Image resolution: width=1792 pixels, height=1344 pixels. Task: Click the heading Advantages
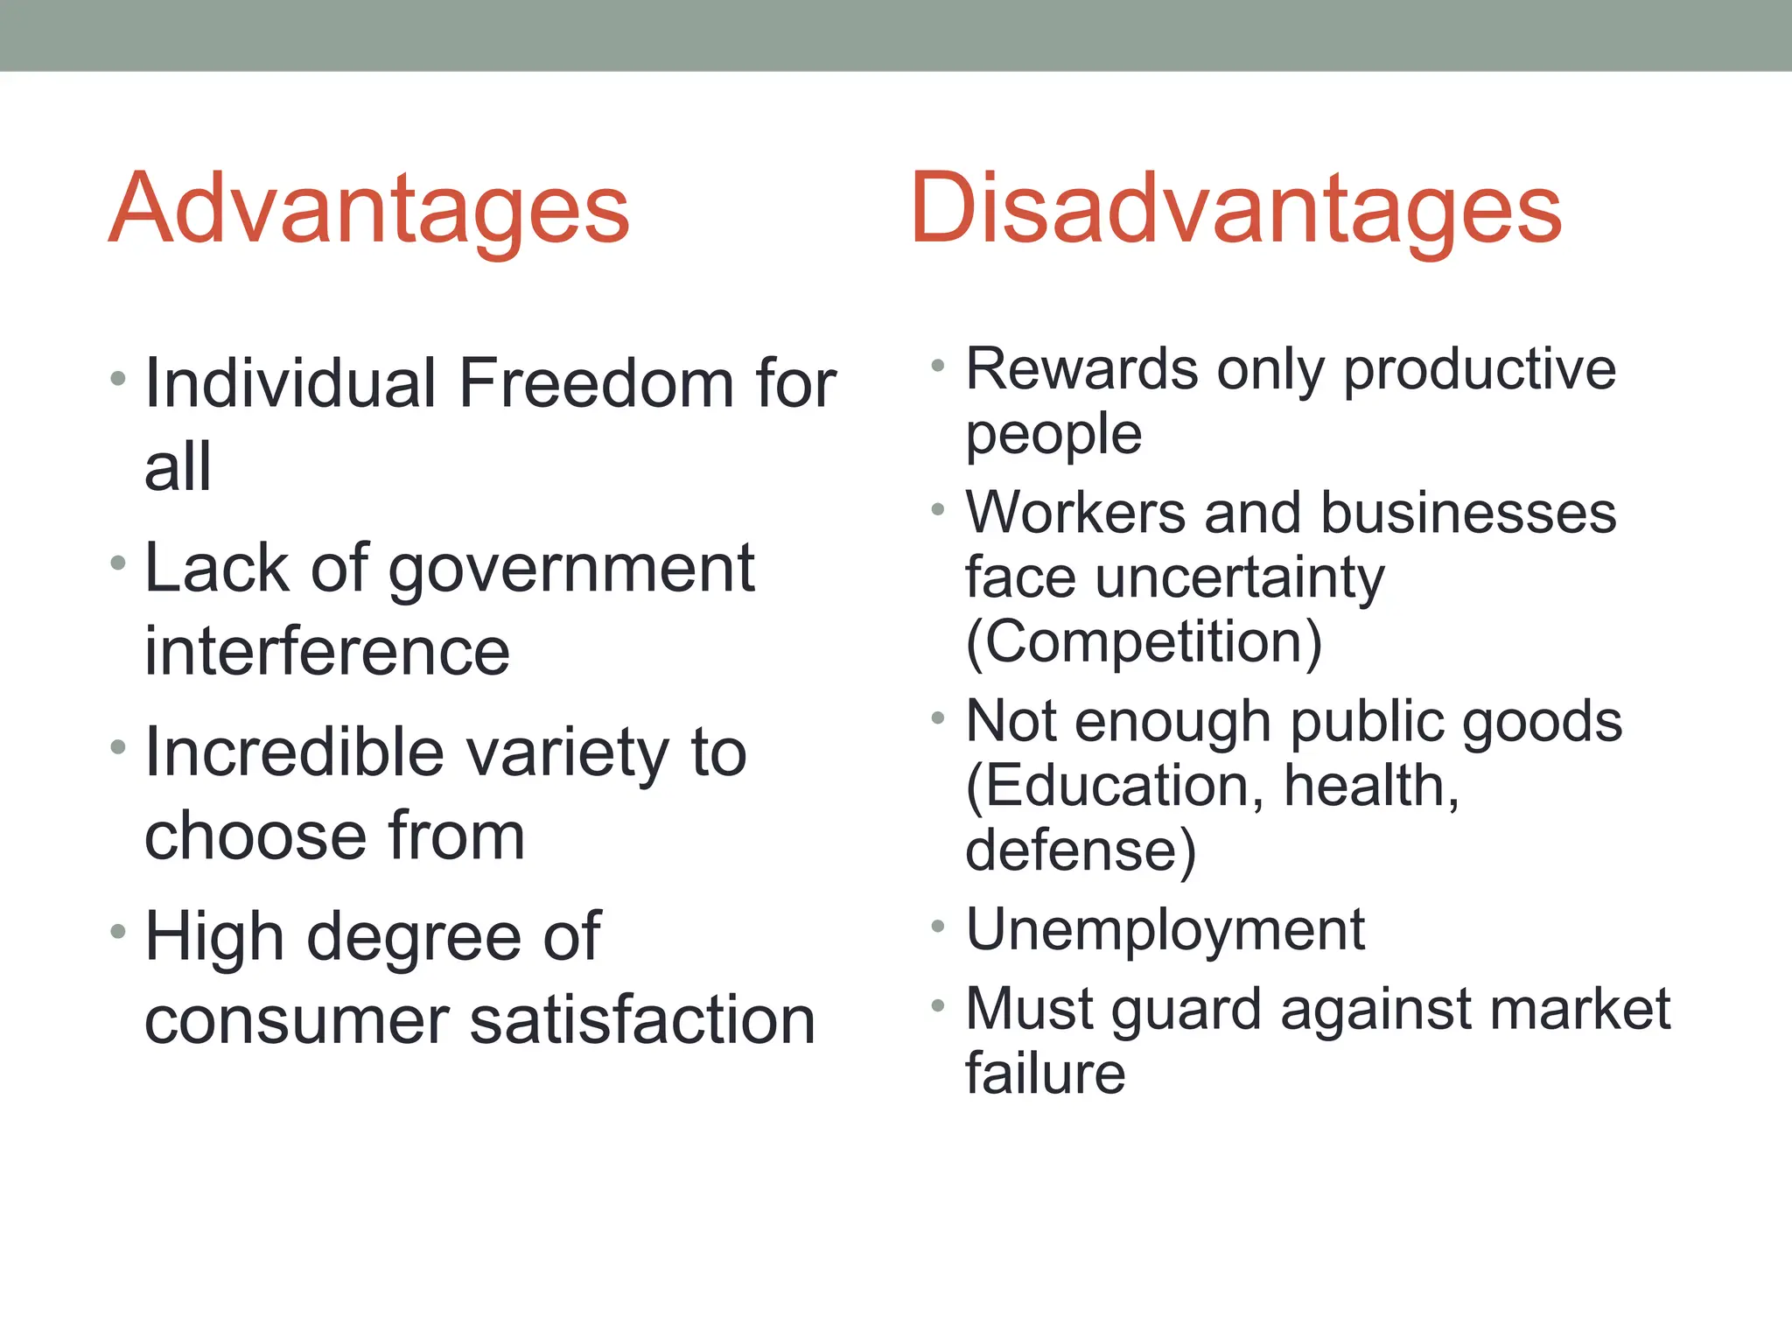(368, 210)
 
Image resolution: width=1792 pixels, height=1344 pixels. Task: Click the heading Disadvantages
(1235, 210)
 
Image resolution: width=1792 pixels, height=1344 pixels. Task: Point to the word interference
(326, 652)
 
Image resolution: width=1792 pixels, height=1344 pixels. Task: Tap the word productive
(1480, 371)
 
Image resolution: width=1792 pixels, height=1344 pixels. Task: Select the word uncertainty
(1239, 580)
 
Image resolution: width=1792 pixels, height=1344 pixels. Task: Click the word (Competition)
(1143, 642)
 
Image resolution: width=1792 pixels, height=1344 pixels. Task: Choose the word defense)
(1080, 850)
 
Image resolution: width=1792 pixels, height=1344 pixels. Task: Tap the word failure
(1045, 1074)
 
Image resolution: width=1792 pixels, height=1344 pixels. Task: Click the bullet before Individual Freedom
(118, 379)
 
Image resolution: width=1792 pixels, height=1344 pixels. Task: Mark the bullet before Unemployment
(938, 926)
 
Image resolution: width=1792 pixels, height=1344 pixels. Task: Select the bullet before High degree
(118, 932)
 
